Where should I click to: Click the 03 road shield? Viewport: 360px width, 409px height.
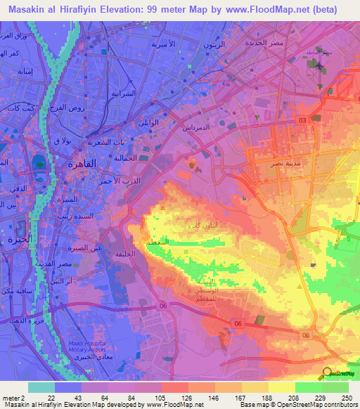point(302,121)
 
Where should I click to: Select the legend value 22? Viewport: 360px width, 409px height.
point(51,398)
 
